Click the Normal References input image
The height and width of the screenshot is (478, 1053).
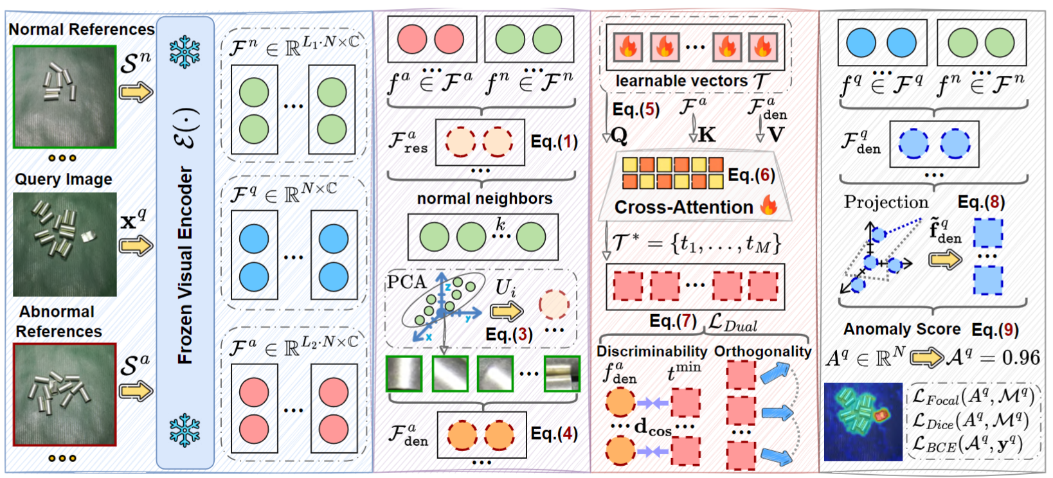pyautogui.click(x=65, y=97)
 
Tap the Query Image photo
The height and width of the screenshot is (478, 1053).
pyautogui.click(x=65, y=244)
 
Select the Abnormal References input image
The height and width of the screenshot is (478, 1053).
pyautogui.click(x=65, y=394)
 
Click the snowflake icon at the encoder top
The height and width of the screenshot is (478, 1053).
pyautogui.click(x=184, y=51)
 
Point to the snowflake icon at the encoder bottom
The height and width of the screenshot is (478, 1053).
pyautogui.click(x=184, y=430)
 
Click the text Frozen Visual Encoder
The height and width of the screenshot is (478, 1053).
pyautogui.click(x=186, y=265)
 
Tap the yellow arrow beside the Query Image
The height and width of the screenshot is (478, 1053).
pyautogui.click(x=136, y=246)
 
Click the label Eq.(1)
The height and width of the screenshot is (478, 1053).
pyautogui.click(x=553, y=141)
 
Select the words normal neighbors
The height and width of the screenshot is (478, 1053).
pyautogui.click(x=485, y=199)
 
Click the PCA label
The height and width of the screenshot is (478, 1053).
pyautogui.click(x=406, y=282)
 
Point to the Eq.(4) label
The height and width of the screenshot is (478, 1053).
pyautogui.click(x=553, y=434)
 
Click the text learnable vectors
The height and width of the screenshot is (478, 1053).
pyautogui.click(x=681, y=81)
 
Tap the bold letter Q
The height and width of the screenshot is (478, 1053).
pyautogui.click(x=620, y=136)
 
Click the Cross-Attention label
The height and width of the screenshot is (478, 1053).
pyautogui.click(x=683, y=208)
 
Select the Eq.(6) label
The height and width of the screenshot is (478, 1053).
pyautogui.click(x=751, y=175)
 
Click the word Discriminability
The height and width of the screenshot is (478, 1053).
pyautogui.click(x=652, y=351)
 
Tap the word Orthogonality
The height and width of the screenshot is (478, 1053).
pyautogui.click(x=762, y=351)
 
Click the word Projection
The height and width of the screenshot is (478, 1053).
pyautogui.click(x=886, y=202)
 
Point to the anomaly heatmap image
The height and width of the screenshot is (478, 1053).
pyautogui.click(x=863, y=421)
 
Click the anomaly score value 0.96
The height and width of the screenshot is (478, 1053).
pyautogui.click(x=1021, y=358)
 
